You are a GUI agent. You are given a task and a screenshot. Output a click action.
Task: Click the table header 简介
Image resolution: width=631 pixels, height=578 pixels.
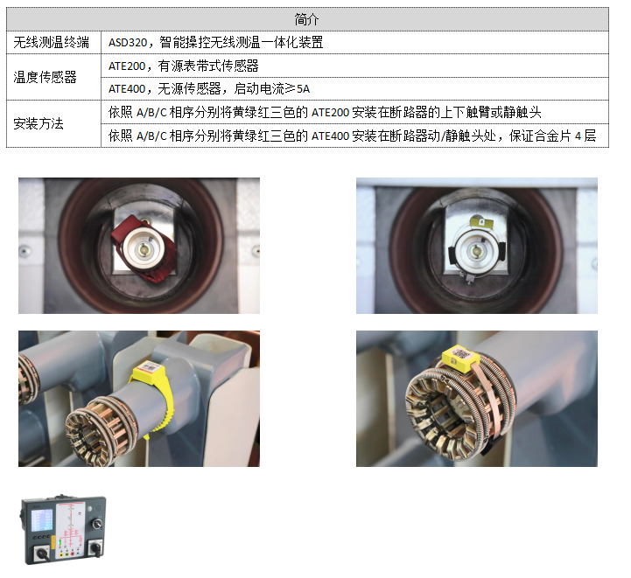(306, 19)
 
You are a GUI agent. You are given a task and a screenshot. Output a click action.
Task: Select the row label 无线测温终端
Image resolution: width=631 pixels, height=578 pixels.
(51, 42)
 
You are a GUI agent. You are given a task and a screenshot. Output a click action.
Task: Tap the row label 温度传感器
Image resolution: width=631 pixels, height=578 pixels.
(45, 77)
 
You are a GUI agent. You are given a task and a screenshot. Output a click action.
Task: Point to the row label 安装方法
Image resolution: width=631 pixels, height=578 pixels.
(39, 123)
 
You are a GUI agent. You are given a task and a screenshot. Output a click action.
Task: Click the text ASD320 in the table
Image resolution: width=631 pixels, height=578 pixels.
(128, 42)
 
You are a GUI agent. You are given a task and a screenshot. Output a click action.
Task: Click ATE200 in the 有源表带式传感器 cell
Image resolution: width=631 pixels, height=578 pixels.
(127, 66)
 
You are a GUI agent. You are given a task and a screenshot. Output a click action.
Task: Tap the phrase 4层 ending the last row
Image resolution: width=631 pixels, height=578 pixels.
(585, 136)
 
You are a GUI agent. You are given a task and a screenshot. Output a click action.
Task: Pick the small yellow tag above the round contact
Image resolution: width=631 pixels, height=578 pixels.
(481, 221)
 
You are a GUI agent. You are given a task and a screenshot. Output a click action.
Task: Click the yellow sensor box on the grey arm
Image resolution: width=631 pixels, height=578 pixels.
(148, 368)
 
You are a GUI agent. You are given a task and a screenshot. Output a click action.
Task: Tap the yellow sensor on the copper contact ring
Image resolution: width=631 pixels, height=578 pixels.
(459, 358)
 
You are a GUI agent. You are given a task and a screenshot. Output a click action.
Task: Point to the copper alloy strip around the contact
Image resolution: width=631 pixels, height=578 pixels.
(489, 398)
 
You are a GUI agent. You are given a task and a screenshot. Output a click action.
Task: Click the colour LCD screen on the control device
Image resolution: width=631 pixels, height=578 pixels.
(42, 520)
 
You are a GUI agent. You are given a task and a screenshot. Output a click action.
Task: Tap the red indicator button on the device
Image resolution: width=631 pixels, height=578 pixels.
(72, 554)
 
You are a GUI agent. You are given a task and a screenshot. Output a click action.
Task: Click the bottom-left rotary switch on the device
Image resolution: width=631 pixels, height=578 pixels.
(42, 554)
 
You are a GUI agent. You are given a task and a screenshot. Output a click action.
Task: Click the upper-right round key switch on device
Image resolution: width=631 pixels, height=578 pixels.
(96, 523)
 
